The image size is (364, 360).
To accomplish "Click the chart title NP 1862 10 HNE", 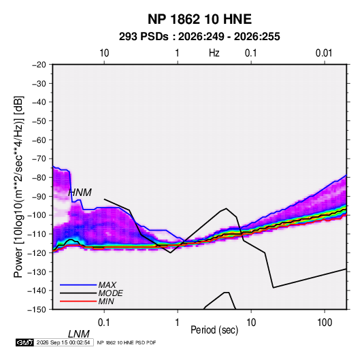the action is click(199, 19).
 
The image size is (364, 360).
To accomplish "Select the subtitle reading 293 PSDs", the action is click(144, 37).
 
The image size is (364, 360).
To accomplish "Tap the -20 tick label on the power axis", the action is click(39, 65).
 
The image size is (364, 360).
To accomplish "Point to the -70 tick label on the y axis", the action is click(39, 159).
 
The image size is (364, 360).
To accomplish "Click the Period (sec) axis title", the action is click(214, 330).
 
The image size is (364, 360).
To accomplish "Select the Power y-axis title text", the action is click(18, 187).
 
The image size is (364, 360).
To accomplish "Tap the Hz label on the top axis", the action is click(214, 53).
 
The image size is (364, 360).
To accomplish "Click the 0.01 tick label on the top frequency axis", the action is click(324, 53).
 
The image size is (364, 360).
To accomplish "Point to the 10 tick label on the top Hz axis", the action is click(104, 53).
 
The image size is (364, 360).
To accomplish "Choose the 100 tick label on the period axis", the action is click(325, 323).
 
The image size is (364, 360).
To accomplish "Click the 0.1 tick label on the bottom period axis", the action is click(104, 323).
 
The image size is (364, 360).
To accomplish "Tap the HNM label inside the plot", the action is click(80, 193).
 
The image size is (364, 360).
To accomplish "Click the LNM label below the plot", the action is click(78, 334).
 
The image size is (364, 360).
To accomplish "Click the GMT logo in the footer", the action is click(24, 342).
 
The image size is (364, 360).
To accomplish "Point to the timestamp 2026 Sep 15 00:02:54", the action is click(63, 342).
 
